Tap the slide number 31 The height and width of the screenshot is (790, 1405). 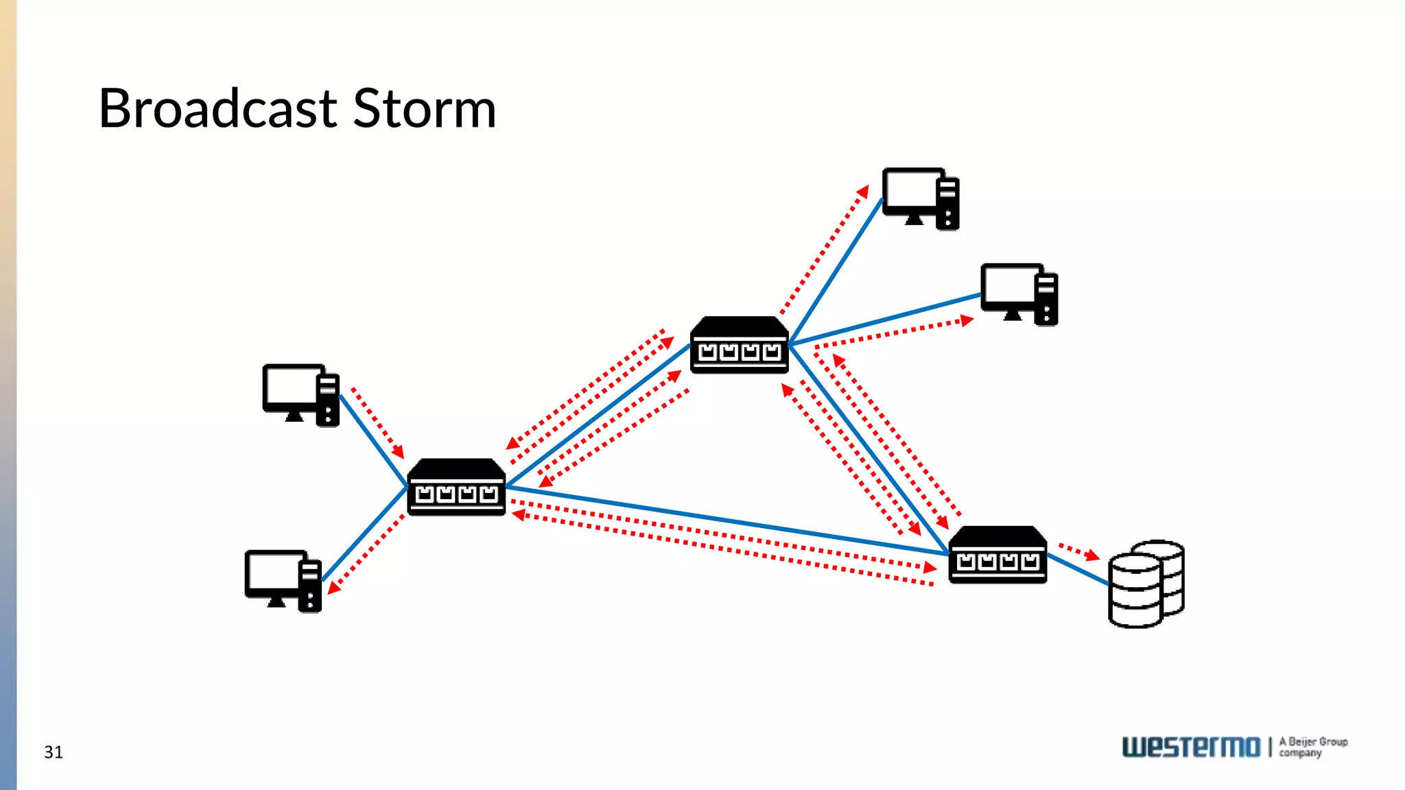(x=54, y=752)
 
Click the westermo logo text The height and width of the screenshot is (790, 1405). (x=1191, y=747)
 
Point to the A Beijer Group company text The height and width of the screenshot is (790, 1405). (x=1312, y=747)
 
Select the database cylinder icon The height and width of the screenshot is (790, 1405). (x=1146, y=584)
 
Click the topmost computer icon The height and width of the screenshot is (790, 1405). (x=920, y=198)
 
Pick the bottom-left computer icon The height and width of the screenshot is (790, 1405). (x=283, y=581)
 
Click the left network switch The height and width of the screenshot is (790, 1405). (x=456, y=488)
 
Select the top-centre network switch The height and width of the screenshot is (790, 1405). (x=739, y=346)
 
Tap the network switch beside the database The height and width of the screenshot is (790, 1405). (x=997, y=555)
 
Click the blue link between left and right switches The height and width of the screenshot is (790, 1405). (x=727, y=520)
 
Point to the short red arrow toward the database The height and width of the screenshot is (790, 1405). (x=1078, y=551)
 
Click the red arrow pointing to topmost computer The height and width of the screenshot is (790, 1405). (x=824, y=250)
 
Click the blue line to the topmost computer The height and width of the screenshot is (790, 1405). (x=837, y=270)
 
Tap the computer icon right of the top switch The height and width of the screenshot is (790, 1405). (x=1019, y=294)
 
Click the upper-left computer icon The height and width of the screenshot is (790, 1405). (x=300, y=395)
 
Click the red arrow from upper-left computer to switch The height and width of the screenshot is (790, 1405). (x=377, y=423)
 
